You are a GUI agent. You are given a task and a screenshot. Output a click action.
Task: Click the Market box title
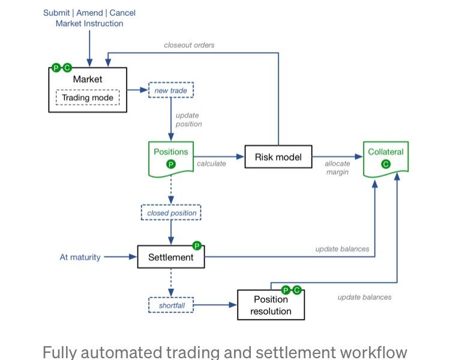point(88,79)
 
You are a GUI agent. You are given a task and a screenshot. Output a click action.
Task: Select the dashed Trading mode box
point(88,98)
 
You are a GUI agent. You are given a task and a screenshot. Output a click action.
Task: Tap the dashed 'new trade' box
point(171,91)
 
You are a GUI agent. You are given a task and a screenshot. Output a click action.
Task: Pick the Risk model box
point(278,157)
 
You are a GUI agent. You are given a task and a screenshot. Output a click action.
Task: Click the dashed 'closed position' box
point(172,213)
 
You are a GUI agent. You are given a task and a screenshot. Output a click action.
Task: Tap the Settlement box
point(171,257)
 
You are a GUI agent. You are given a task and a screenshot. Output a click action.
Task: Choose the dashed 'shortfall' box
point(171,305)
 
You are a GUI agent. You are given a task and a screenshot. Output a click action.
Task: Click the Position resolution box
point(271,305)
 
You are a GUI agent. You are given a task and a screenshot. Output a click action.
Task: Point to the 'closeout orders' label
point(189,45)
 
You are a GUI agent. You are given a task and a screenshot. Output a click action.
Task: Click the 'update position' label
point(188,120)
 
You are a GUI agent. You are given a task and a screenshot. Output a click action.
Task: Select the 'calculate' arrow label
point(211,164)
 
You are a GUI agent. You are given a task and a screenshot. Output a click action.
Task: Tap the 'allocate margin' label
point(337,168)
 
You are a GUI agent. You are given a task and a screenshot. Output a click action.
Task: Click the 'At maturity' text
point(80,257)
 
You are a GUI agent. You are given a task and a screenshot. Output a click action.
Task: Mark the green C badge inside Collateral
point(386,164)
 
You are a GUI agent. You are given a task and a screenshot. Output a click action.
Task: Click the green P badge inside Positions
point(171,164)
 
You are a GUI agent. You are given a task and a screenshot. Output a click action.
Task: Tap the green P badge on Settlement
point(196,245)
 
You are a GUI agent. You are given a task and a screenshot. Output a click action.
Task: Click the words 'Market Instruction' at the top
point(89,24)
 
